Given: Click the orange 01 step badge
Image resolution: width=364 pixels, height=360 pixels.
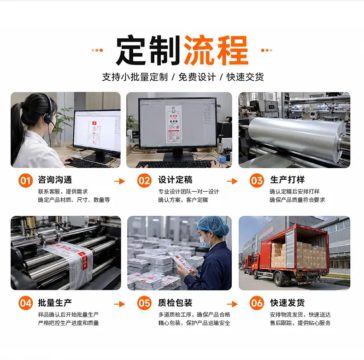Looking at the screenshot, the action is (x=25, y=181).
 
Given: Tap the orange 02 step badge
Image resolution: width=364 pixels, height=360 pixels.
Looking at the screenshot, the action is (x=144, y=181).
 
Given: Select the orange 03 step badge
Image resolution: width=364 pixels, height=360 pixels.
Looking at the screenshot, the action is (x=257, y=181).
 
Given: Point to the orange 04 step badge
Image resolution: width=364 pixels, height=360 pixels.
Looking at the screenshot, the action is (x=25, y=303).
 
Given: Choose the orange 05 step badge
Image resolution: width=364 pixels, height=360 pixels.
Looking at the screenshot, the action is (x=144, y=303).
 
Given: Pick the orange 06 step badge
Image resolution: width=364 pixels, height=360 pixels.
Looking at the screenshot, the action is (x=257, y=303).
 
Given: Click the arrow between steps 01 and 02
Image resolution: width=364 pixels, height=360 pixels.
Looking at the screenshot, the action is (x=119, y=181).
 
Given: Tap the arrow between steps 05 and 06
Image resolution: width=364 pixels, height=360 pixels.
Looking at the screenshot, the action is (x=232, y=304).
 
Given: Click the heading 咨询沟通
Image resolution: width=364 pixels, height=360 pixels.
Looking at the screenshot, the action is (x=55, y=180).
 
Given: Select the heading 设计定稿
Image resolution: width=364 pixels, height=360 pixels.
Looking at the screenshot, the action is (x=175, y=180).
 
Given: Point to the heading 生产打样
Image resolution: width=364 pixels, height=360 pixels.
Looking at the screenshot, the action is (x=288, y=180).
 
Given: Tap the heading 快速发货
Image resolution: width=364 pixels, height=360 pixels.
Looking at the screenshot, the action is (x=288, y=303).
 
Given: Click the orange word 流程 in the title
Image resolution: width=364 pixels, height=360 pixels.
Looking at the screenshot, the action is (x=216, y=50).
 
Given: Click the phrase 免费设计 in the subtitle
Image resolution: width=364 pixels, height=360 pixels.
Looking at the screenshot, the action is (x=197, y=77).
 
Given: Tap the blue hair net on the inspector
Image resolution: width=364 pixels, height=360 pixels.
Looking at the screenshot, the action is (x=213, y=225).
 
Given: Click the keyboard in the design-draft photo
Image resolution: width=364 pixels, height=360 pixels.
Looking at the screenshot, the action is (x=174, y=164).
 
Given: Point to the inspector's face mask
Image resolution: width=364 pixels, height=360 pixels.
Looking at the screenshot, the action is (x=205, y=241).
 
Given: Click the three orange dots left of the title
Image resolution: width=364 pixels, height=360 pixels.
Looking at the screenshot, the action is (x=97, y=50).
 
